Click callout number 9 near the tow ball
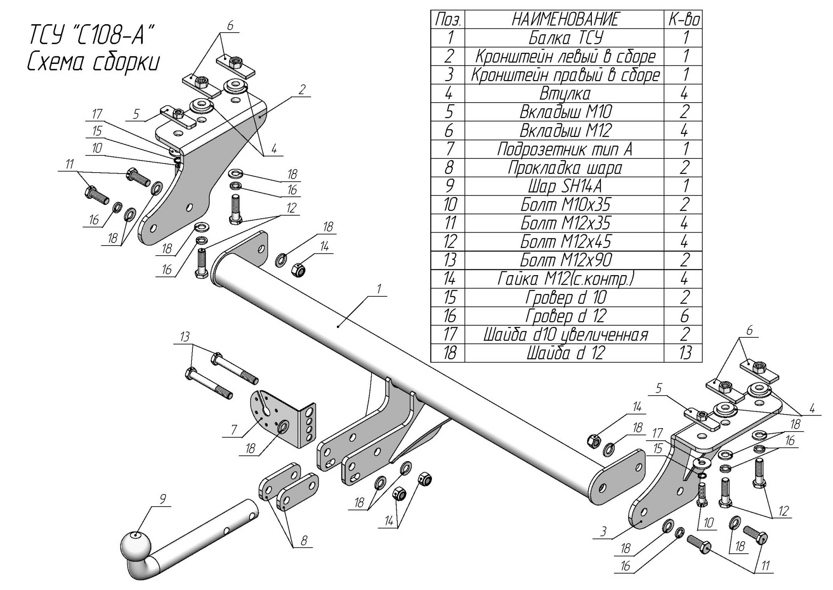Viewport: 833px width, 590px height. pos(162,498)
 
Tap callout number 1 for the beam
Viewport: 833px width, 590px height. pos(379,289)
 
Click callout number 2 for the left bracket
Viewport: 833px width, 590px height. pos(302,89)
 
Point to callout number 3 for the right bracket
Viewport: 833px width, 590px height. pos(603,531)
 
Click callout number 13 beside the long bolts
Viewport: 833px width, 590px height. pos(185,337)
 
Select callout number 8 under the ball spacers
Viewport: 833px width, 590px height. pos(304,541)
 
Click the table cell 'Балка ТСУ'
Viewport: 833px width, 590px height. pos(565,38)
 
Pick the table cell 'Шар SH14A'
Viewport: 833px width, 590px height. pos(565,186)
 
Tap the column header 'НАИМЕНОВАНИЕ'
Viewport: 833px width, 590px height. pos(565,20)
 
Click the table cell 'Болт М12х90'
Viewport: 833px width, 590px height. pos(565,260)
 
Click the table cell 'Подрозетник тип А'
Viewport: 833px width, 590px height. pos(565,149)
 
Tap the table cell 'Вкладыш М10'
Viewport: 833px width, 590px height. pos(565,112)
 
